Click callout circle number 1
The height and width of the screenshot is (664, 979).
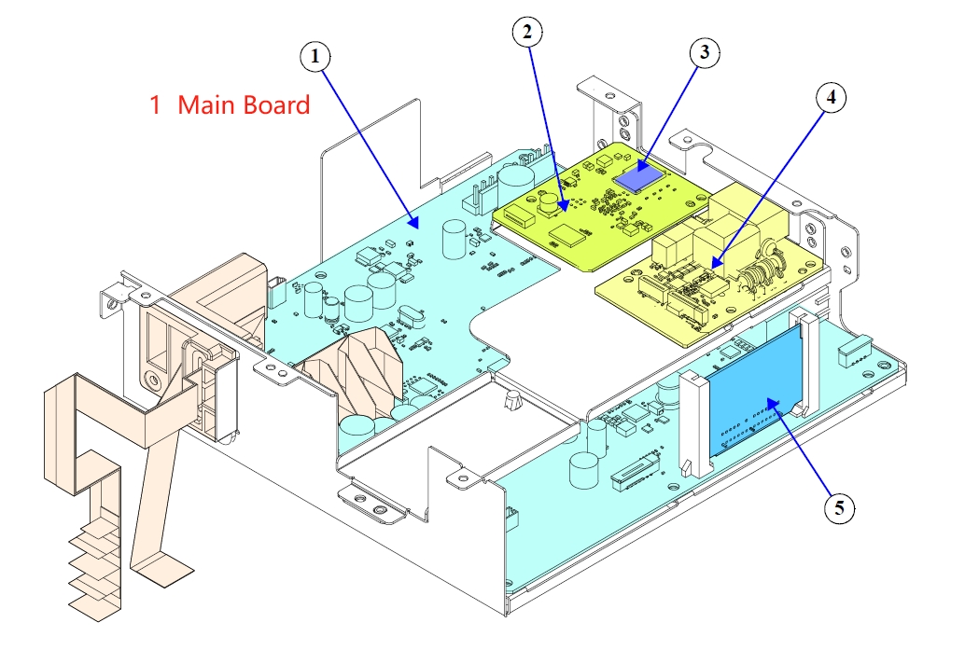click(315, 57)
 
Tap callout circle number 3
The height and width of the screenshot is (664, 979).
click(705, 53)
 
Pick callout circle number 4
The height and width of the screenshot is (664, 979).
click(831, 96)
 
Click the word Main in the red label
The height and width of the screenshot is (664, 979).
click(206, 105)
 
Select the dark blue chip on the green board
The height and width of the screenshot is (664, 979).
click(637, 175)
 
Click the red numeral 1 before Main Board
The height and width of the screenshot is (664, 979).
click(155, 105)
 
